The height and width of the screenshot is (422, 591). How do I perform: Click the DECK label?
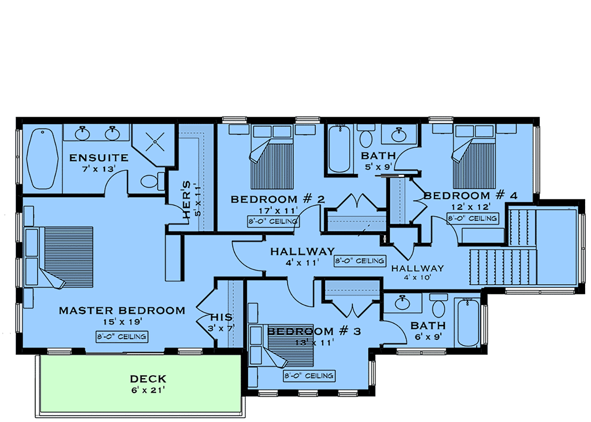click(x=148, y=379)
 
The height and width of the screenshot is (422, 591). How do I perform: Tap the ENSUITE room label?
click(x=98, y=158)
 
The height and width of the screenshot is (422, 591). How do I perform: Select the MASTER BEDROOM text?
click(x=122, y=310)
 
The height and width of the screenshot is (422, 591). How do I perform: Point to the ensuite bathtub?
click(x=42, y=159)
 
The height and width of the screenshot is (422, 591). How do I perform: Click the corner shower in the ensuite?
click(x=153, y=145)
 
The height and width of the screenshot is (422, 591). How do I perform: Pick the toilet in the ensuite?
click(x=153, y=181)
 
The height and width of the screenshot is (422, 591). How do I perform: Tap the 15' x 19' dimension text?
click(x=123, y=322)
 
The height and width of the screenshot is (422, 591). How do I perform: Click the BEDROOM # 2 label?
click(x=278, y=199)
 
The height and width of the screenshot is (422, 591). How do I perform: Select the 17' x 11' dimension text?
click(x=278, y=210)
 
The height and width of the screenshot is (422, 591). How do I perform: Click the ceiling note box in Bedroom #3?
click(x=309, y=376)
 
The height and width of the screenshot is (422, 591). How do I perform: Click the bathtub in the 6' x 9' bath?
click(x=468, y=323)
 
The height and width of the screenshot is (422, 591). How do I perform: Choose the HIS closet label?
click(x=221, y=317)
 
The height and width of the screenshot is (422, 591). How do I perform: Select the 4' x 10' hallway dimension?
click(x=418, y=277)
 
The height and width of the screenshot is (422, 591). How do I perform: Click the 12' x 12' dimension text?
click(x=470, y=207)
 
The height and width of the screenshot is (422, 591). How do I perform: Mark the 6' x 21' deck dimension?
click(x=148, y=390)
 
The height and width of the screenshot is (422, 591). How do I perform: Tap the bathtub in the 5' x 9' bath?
click(x=339, y=149)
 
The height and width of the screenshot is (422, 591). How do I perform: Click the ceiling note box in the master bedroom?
click(x=122, y=336)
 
